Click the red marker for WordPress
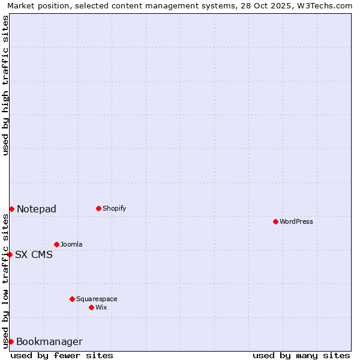275,221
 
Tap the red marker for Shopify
98,208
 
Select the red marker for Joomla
56,244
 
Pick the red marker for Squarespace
72,299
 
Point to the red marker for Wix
91,307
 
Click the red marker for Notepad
11,209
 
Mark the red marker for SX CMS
10,254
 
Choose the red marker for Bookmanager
11,341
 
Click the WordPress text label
296,221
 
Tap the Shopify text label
115,208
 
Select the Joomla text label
71,244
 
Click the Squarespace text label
97,299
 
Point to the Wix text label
101,307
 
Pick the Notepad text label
37,209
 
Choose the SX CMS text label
34,254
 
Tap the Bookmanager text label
49,342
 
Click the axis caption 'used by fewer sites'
62,355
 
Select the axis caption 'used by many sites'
301,355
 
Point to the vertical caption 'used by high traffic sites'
5,85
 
